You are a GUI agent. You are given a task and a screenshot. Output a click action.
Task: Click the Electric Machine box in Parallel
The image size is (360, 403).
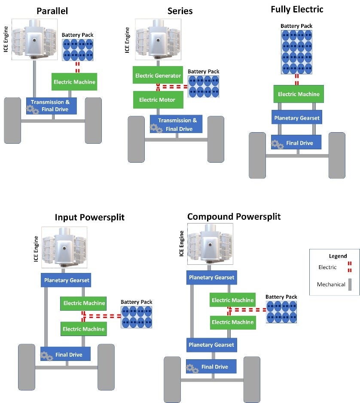tap(74, 82)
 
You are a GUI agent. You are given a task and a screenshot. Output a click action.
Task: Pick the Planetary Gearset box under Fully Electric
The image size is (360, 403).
tap(297, 118)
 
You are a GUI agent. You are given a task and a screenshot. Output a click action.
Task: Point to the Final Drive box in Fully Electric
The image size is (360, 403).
tap(296, 142)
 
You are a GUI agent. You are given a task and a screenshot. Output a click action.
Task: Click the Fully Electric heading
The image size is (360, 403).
tap(297, 9)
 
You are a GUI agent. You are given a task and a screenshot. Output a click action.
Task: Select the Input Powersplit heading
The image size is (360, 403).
tap(89, 217)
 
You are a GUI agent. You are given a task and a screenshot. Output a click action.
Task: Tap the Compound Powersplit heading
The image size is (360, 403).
tap(234, 216)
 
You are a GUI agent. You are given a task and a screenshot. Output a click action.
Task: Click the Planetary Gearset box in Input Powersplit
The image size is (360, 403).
tap(66, 280)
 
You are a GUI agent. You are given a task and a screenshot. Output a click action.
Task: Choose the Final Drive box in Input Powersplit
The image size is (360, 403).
tap(65, 355)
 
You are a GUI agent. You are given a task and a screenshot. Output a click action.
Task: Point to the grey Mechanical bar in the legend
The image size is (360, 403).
tap(350, 284)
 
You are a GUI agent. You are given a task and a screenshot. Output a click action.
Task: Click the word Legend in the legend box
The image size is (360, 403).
tap(338, 256)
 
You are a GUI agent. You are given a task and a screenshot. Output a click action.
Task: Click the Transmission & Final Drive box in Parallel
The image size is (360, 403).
tap(52, 106)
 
